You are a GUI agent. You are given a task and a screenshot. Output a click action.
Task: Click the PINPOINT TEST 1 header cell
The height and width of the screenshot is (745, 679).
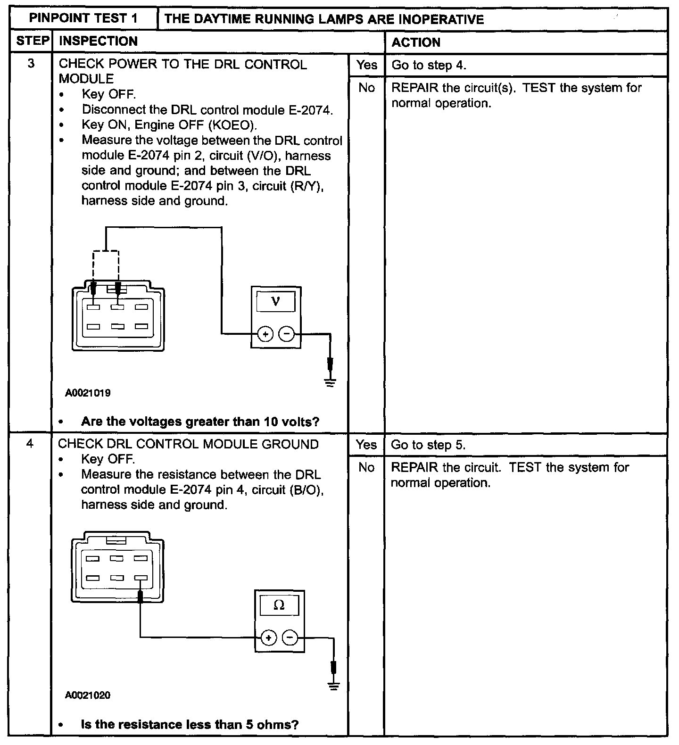[x=83, y=18]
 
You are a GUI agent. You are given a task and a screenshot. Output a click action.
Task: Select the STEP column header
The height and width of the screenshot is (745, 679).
[x=32, y=41]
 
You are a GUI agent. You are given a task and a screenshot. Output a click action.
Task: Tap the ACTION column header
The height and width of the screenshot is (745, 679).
[x=415, y=42]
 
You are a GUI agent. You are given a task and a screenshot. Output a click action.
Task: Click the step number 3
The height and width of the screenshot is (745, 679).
[x=31, y=64]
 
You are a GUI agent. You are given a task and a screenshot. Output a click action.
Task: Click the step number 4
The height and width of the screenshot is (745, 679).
[x=30, y=444]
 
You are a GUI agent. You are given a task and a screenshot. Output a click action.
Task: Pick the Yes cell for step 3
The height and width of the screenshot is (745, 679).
[x=366, y=65]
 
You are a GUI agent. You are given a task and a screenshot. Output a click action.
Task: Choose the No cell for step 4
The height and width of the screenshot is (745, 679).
[x=366, y=467]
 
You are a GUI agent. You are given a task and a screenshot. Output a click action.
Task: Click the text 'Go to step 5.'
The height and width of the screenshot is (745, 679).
[x=428, y=445]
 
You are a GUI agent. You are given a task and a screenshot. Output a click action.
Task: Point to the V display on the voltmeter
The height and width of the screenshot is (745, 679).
[x=276, y=301]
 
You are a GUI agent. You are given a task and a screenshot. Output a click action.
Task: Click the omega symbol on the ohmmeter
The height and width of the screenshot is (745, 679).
[x=279, y=605]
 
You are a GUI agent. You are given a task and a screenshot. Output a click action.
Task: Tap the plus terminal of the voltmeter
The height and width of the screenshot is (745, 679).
[x=265, y=334]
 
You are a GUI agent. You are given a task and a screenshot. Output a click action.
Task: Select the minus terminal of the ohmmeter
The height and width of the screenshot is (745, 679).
[x=290, y=638]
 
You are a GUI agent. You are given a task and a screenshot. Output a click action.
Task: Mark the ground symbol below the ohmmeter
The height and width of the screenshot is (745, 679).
[x=334, y=686]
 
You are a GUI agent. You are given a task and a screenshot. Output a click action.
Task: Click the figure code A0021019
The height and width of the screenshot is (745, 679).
[x=88, y=393]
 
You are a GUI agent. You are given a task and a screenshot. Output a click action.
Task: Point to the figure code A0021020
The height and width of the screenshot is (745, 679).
[x=88, y=695]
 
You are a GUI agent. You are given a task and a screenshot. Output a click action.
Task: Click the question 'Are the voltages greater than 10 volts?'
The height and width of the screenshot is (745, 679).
[x=200, y=421]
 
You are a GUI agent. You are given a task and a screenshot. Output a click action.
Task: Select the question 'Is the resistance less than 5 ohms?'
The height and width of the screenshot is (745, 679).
[x=190, y=724]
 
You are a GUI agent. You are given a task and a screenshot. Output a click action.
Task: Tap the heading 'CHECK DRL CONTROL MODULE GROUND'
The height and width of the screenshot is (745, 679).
[x=188, y=444]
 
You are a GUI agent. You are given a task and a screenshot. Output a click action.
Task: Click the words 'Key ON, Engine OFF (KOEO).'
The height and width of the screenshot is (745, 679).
[x=170, y=125]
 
